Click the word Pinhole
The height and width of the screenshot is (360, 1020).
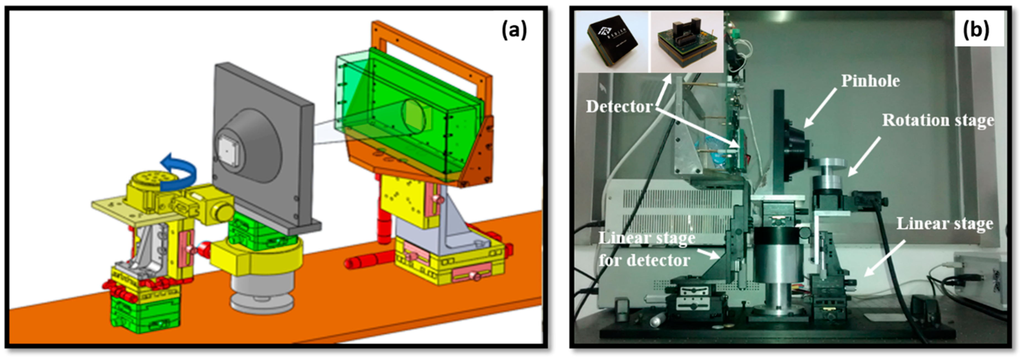click(870, 81)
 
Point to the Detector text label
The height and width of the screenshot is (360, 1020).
click(619, 106)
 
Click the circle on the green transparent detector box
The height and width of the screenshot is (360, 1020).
click(414, 116)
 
